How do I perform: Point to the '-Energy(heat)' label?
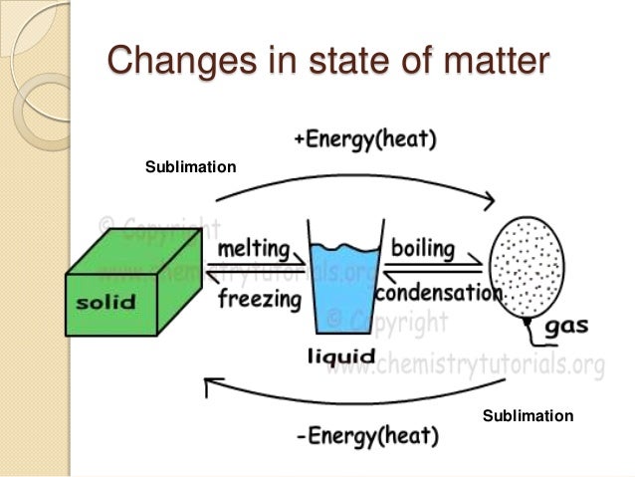click(x=367, y=436)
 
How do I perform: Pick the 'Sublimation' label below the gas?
click(x=528, y=415)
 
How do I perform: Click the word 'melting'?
click(x=254, y=248)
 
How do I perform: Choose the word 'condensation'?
click(x=438, y=294)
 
